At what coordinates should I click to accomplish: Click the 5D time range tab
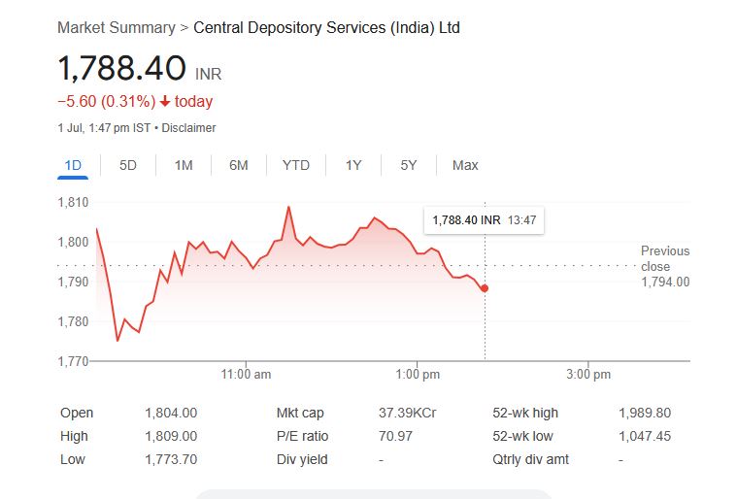[128, 165]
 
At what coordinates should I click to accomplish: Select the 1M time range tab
[184, 165]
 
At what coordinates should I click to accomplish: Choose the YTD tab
[295, 165]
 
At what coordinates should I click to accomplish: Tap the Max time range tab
[465, 165]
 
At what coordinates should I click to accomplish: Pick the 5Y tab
[409, 165]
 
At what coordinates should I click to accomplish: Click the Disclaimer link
[188, 128]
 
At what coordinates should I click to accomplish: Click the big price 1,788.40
[121, 69]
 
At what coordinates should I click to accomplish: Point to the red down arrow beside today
[165, 102]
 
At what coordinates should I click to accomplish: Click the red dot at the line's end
[485, 288]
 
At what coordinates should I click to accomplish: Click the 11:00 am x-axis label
[247, 375]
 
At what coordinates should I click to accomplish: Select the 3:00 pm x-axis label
[588, 375]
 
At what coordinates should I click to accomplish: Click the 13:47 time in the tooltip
[521, 220]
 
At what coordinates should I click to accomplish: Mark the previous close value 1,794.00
[665, 282]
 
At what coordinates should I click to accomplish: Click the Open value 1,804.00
[171, 413]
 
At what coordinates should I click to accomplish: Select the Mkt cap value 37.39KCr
[407, 413]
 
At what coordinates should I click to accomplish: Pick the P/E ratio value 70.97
[395, 436]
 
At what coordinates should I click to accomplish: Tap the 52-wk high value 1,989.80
[645, 413]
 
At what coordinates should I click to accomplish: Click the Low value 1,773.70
[171, 459]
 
